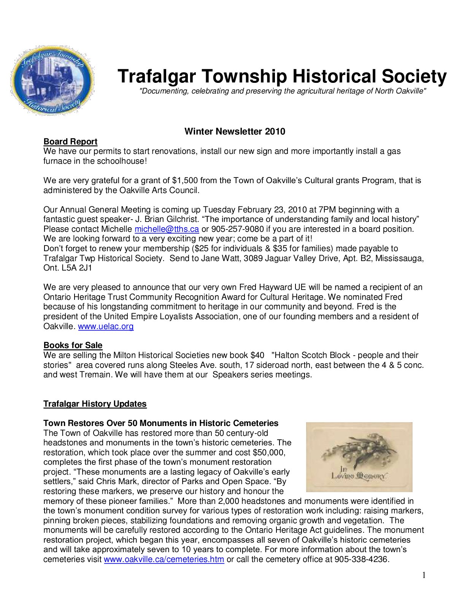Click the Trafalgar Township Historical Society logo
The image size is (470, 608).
pyautogui.click(x=52, y=80)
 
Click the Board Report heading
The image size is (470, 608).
pyautogui.click(x=70, y=142)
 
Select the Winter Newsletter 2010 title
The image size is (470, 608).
pyautogui.click(x=235, y=131)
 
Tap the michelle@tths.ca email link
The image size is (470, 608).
pyautogui.click(x=167, y=229)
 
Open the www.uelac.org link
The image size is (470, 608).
pyautogui.click(x=106, y=326)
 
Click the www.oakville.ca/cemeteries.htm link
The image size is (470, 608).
pyautogui.click(x=164, y=559)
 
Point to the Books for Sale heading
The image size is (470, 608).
pyautogui.click(x=73, y=345)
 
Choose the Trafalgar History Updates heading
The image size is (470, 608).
pyautogui.click(x=95, y=404)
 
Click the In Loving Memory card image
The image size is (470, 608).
pyautogui.click(x=359, y=457)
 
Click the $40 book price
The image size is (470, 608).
pyautogui.click(x=257, y=355)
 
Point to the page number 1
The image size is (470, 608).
pyautogui.click(x=424, y=575)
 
